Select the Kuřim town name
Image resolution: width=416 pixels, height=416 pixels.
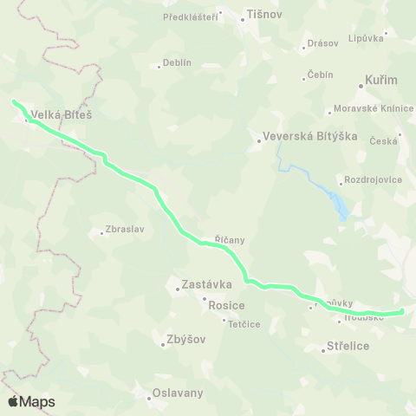[383, 80]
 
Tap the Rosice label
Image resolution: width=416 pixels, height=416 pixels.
[227, 305]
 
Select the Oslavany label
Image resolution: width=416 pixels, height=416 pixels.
[178, 393]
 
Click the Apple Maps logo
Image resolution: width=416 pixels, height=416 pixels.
[31, 401]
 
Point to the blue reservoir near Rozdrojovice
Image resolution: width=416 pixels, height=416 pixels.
[341, 205]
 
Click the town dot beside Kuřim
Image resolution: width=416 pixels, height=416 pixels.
[361, 85]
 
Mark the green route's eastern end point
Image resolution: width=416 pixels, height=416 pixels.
[402, 311]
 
